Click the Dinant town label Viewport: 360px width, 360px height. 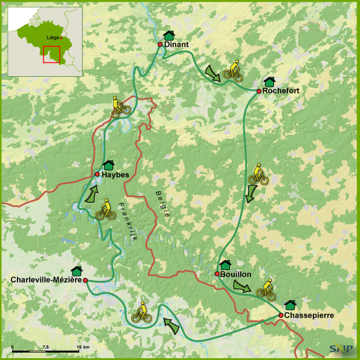tap(177, 44)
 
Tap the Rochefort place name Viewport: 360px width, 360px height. tap(281, 91)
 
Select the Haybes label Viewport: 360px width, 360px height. tap(116, 174)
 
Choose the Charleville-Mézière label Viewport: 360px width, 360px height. tap(46, 280)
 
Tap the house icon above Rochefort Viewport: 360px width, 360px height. tap(269, 81)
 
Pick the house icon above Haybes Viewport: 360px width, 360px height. tap(109, 165)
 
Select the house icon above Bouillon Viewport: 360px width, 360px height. tap(225, 264)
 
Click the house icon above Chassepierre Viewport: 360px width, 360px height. tap(290, 305)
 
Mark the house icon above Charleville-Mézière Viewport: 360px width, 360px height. tap(77, 270)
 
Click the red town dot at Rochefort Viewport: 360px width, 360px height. tap(258, 91)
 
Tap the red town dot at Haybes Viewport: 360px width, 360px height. tap(97, 174)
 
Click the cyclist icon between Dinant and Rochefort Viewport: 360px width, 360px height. tap(233, 71)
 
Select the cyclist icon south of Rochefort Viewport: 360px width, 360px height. tap(258, 175)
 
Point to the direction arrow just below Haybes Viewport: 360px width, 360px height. tap(91, 194)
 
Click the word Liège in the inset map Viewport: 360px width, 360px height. tap(53, 38)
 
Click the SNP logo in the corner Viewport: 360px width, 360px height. tap(339, 348)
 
